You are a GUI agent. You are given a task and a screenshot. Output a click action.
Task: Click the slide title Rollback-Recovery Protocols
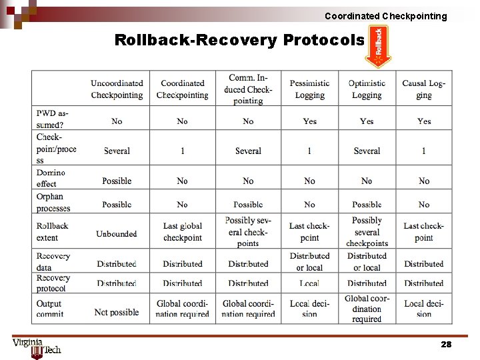tap(239, 40)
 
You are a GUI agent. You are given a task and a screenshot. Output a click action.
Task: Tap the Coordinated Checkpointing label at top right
tap(386, 16)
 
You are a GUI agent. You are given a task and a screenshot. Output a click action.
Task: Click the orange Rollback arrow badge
tap(378, 46)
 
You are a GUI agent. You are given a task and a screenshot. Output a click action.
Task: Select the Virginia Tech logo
tap(36, 347)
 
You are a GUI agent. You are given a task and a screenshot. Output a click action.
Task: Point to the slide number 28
tap(446, 345)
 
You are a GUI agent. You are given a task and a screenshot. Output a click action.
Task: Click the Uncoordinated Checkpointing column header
tap(117, 89)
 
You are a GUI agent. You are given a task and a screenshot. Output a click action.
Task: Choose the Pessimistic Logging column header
tap(309, 89)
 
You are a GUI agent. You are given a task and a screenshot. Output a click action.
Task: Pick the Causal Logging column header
tap(423, 89)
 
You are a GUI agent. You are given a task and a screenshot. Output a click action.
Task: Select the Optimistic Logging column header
tap(367, 89)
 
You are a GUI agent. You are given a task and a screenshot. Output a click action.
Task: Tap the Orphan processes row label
tap(53, 202)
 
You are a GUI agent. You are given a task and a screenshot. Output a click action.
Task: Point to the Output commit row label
tap(50, 308)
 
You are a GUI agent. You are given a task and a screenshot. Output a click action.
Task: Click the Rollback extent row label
tap(52, 231)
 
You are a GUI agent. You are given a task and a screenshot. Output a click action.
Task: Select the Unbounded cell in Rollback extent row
tap(117, 234)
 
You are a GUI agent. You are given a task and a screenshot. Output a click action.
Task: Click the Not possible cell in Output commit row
tap(117, 312)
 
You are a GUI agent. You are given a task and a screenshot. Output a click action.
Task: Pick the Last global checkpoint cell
tap(182, 232)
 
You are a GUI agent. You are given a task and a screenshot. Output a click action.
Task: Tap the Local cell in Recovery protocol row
tap(309, 283)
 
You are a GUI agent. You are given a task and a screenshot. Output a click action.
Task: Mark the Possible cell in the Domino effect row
tap(117, 181)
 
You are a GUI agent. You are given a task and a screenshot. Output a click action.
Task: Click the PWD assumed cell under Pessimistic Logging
tap(309, 121)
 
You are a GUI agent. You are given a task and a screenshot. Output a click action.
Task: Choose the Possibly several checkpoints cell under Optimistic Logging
tap(367, 231)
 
